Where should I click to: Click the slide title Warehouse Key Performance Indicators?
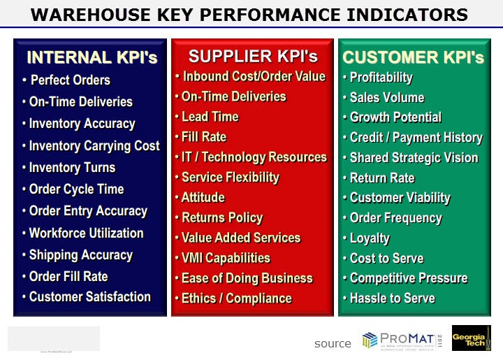click(250, 14)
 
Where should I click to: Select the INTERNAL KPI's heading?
click(92, 58)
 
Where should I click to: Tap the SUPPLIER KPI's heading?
click(253, 57)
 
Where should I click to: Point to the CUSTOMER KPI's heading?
click(414, 58)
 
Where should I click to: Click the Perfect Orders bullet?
click(70, 80)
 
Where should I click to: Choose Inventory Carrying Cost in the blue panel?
click(94, 145)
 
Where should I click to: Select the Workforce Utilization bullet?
click(86, 233)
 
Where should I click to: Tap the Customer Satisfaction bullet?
click(89, 296)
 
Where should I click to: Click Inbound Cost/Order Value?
click(253, 76)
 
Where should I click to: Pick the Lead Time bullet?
click(210, 117)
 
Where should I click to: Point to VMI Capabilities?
click(225, 258)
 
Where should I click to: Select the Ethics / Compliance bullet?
click(236, 298)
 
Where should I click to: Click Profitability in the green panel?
click(381, 78)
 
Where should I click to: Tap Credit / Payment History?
click(416, 138)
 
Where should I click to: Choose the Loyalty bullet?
click(370, 238)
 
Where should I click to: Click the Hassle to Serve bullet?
click(392, 298)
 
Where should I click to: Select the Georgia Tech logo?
click(471, 338)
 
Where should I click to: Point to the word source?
click(333, 343)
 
